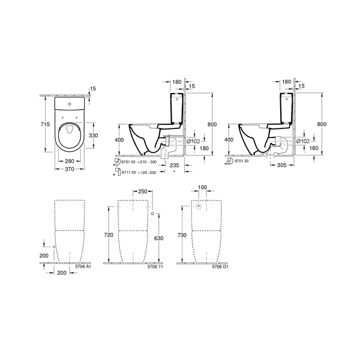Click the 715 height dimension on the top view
[45, 124]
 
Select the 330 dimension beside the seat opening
[94, 136]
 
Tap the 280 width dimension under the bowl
[70, 161]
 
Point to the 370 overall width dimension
[70, 169]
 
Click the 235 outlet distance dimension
[175, 165]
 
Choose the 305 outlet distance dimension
[282, 165]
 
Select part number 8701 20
[242, 161]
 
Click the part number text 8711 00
[129, 172]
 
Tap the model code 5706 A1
[83, 266]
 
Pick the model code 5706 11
[155, 267]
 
